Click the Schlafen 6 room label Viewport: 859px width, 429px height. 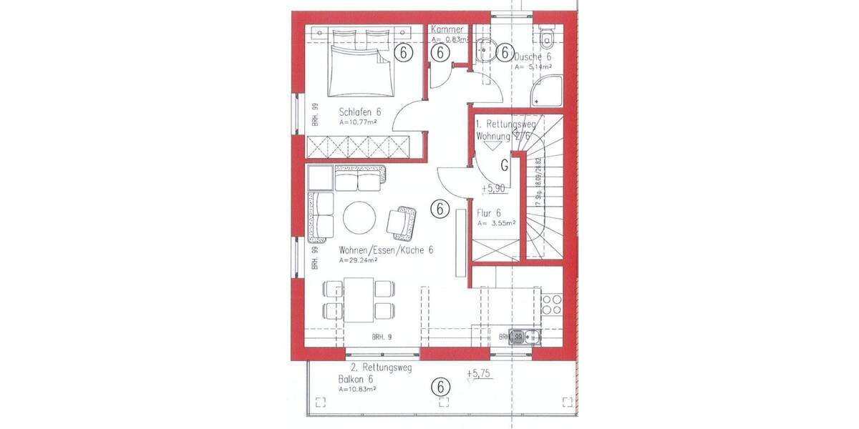359,112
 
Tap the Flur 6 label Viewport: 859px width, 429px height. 489,213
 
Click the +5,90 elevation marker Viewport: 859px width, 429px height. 494,189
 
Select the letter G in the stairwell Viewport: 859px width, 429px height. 505,166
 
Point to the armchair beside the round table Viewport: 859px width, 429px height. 402,222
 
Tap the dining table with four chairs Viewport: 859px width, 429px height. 359,300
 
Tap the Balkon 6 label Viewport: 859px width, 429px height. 356,380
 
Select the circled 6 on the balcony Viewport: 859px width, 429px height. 441,387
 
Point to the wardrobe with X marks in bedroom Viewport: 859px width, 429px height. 358,147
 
